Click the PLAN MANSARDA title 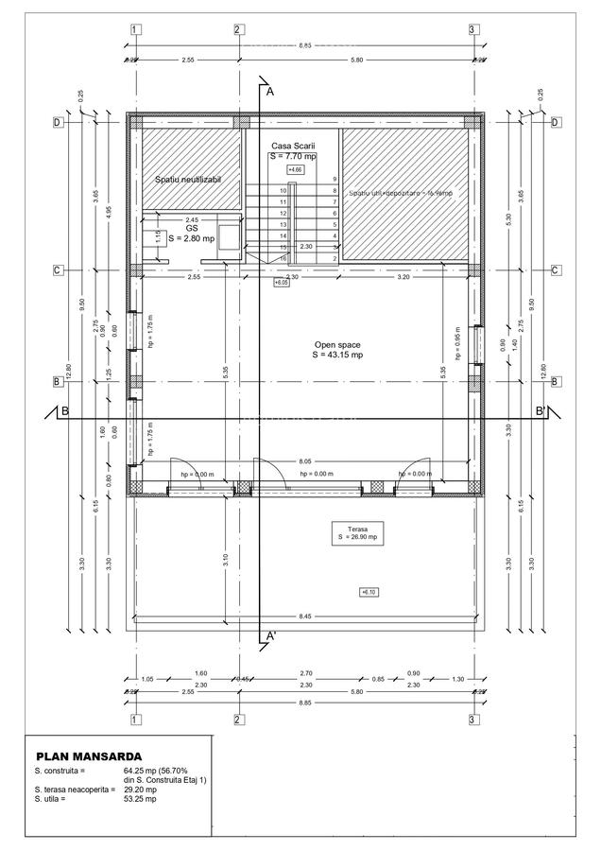pos(89,756)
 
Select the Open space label pos(337,345)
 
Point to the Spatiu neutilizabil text pos(187,179)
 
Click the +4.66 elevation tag pos(295,169)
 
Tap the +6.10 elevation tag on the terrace pos(368,592)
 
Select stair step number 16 pos(283,258)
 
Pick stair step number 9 pos(335,179)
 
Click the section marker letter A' pos(271,636)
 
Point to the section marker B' pos(541,411)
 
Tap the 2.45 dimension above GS pos(192,219)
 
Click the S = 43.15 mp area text pos(337,356)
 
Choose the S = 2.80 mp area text pos(192,239)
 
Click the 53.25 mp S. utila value pos(140,799)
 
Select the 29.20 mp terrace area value pos(140,790)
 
